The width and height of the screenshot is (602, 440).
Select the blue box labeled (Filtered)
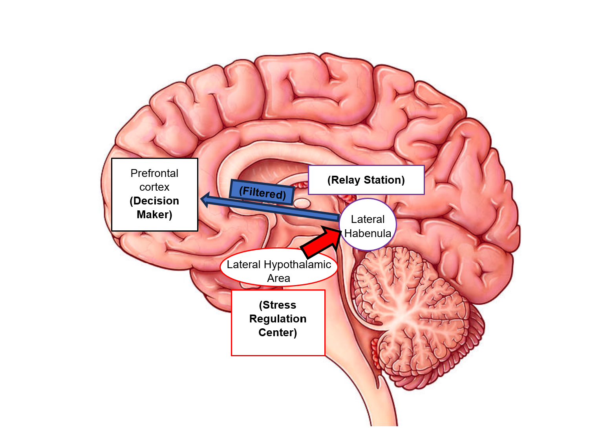click(262, 193)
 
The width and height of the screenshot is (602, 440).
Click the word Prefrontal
click(154, 173)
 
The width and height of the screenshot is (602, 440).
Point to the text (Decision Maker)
click(154, 208)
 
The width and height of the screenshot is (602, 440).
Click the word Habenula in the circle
click(368, 234)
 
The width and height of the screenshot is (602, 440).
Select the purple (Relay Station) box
click(366, 180)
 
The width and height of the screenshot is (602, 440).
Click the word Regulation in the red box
click(278, 319)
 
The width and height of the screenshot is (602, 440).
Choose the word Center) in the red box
click(278, 333)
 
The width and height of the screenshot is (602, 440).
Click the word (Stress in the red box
click(278, 305)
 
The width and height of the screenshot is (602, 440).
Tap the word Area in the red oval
click(278, 278)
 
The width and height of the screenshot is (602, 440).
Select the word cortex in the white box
click(154, 187)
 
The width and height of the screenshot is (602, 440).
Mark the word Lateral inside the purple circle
click(368, 219)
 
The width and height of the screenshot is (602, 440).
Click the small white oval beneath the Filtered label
click(302, 203)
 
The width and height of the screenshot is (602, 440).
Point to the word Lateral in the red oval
click(244, 265)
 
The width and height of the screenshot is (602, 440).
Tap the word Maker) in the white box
click(154, 215)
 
